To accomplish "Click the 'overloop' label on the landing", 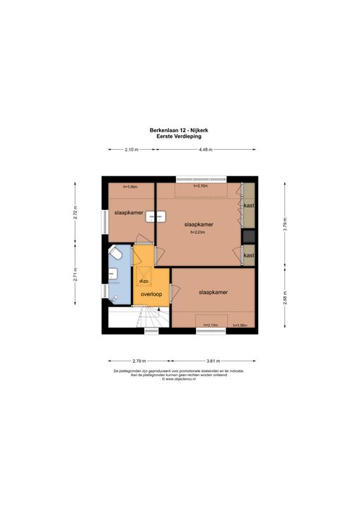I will click(152, 293).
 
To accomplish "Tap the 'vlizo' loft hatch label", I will click(144, 281).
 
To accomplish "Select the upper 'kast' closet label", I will click(248, 206).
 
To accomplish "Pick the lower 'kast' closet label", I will click(248, 255).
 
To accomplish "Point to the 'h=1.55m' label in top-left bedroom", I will click(129, 187).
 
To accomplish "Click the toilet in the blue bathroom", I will click(117, 253).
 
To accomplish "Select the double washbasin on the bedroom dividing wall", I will click(151, 218).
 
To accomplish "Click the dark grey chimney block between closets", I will click(248, 236).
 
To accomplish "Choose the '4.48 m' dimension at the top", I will click(206, 150).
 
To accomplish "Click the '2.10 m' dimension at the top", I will click(131, 150).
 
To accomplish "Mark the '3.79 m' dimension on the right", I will click(284, 228).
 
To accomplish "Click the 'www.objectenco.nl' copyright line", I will click(180, 379).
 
